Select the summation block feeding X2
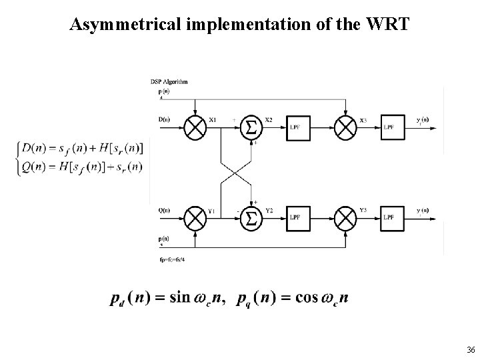click(251, 127)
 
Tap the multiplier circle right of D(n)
click(194, 127)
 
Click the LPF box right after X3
click(391, 127)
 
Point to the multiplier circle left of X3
click(345, 127)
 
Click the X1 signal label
click(212, 120)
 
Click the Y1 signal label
click(212, 211)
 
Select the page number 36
click(471, 350)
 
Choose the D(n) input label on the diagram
click(164, 120)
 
